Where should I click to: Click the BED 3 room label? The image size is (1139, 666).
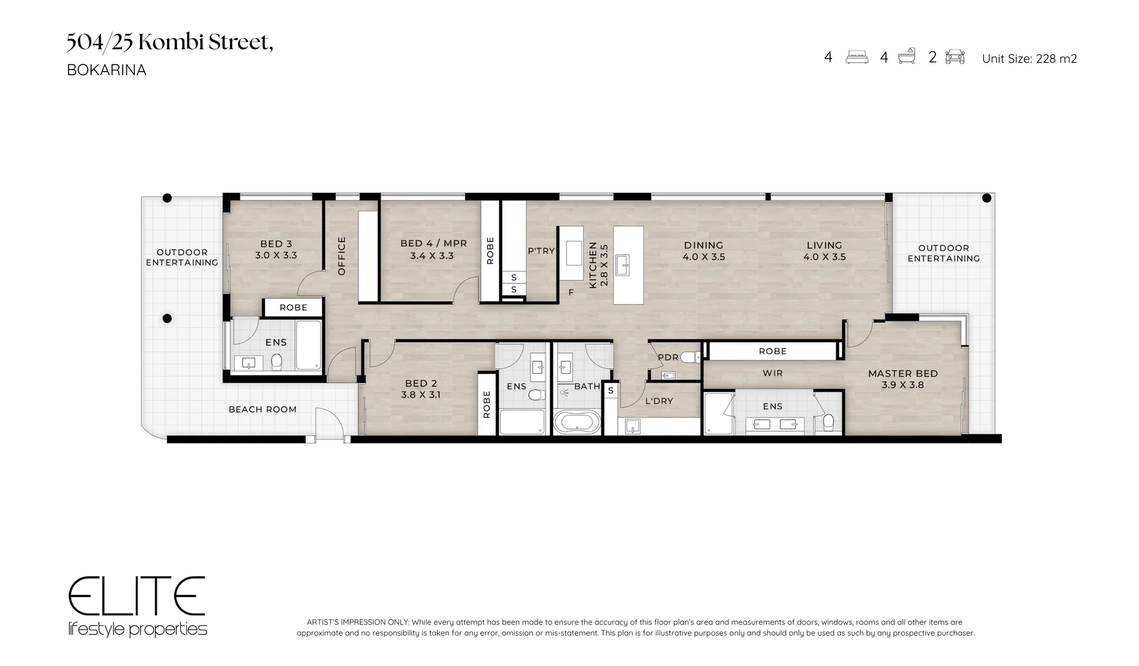coord(276,244)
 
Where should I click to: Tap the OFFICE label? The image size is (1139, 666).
coord(341,256)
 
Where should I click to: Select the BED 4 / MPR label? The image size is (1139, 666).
coord(433,244)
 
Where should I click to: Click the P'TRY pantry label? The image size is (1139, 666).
coord(541,251)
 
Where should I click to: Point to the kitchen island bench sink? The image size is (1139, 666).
coord(628,265)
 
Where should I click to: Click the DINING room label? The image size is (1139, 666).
coord(703,245)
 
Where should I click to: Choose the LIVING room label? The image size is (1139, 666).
coord(824,245)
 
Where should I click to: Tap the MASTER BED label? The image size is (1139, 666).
coord(903,373)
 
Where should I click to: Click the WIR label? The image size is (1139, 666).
coord(772,373)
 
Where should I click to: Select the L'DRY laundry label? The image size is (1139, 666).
coord(659,401)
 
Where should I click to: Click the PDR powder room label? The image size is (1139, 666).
coord(668,357)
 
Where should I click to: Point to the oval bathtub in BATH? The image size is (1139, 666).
coord(576,422)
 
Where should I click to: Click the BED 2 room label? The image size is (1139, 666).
coord(420,383)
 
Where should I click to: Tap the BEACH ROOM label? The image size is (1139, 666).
coord(263,409)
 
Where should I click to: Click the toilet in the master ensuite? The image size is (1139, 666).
coord(828,422)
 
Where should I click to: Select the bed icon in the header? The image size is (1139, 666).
coord(857,57)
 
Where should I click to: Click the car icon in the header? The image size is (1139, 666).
coord(955,57)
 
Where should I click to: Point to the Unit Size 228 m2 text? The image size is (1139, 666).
coord(1029,59)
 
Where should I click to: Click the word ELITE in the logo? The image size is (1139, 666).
coord(136,596)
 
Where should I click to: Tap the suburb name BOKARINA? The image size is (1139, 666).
coord(107,70)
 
